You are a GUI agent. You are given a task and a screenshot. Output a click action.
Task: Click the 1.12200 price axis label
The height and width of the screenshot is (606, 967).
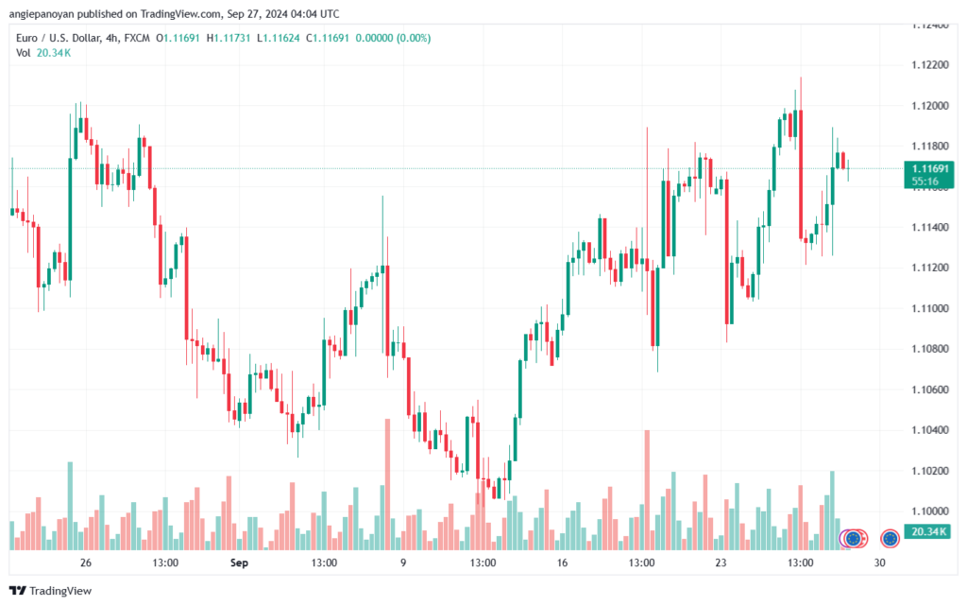pyautogui.click(x=930, y=65)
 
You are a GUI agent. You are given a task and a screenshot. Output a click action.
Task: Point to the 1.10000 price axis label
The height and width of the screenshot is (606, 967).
pyautogui.click(x=930, y=511)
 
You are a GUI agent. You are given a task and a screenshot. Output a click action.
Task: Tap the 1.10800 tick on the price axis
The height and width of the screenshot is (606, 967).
pyautogui.click(x=930, y=349)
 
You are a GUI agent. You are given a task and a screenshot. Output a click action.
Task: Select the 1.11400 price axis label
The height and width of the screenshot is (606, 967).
pyautogui.click(x=930, y=227)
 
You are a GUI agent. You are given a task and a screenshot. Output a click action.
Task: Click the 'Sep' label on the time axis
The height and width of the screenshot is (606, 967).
pyautogui.click(x=239, y=563)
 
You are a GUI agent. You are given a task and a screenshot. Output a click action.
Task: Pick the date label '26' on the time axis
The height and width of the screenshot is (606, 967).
pyautogui.click(x=86, y=563)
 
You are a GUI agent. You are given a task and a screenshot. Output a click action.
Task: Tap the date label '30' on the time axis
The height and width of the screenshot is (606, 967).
pyautogui.click(x=879, y=563)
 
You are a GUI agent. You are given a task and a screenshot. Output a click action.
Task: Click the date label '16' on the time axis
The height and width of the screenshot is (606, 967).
pyautogui.click(x=562, y=563)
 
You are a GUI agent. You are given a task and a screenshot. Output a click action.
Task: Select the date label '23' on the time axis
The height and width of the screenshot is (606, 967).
pyautogui.click(x=721, y=563)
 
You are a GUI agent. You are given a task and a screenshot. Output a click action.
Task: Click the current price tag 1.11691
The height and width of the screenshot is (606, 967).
pyautogui.click(x=930, y=168)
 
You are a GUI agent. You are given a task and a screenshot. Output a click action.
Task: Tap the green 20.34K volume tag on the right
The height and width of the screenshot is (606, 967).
pyautogui.click(x=928, y=531)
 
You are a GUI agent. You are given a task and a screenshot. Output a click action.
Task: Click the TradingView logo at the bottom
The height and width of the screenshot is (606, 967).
pyautogui.click(x=51, y=591)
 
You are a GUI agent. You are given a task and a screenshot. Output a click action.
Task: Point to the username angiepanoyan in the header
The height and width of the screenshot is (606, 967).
pyautogui.click(x=42, y=13)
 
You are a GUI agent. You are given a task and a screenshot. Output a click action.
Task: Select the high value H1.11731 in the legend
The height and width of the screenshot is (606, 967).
pyautogui.click(x=229, y=38)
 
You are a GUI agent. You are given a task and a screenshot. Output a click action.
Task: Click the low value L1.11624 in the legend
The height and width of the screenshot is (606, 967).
pyautogui.click(x=279, y=38)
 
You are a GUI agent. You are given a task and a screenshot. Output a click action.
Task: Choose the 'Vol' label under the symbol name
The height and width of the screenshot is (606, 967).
pyautogui.click(x=23, y=53)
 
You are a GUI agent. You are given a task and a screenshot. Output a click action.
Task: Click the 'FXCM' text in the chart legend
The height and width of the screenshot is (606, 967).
pyautogui.click(x=137, y=38)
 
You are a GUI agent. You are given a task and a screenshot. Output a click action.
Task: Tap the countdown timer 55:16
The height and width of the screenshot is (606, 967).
pyautogui.click(x=925, y=182)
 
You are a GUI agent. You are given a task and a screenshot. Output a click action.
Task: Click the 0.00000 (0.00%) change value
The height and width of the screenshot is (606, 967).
pyautogui.click(x=393, y=38)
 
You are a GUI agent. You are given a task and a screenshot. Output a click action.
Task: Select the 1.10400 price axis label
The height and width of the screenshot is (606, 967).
pyautogui.click(x=930, y=429)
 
